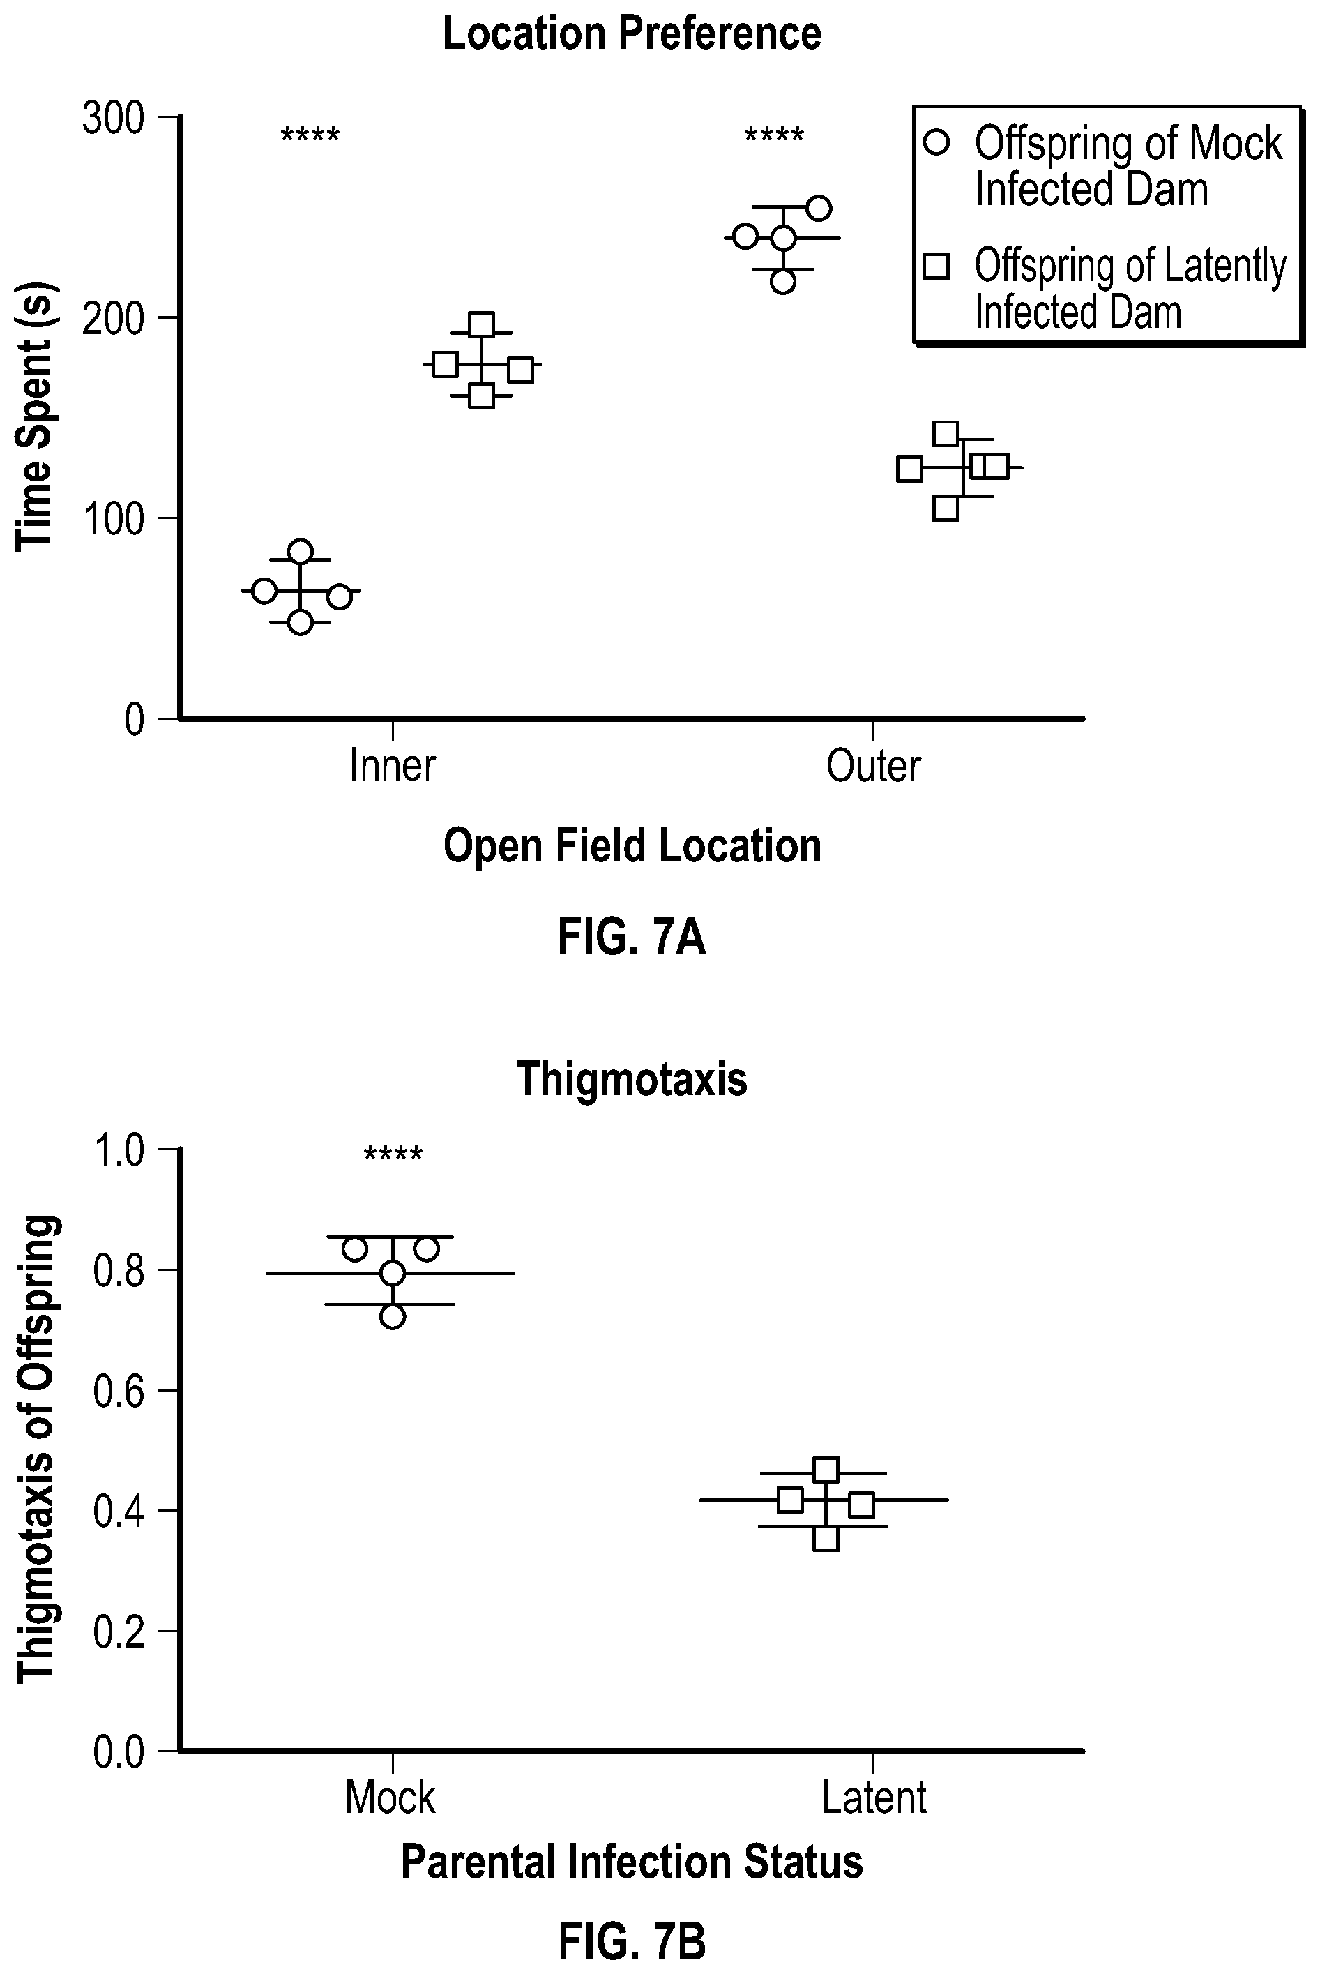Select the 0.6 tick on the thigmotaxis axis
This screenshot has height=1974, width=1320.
[x=119, y=1389]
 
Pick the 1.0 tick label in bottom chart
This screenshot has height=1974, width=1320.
[x=119, y=1150]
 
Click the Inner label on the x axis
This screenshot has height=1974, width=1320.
[x=393, y=765]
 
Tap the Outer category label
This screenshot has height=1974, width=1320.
[x=874, y=765]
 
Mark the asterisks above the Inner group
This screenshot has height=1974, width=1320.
[x=310, y=135]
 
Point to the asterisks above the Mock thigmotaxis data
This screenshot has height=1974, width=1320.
[x=393, y=1153]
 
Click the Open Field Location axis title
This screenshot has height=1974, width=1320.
[x=632, y=846]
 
